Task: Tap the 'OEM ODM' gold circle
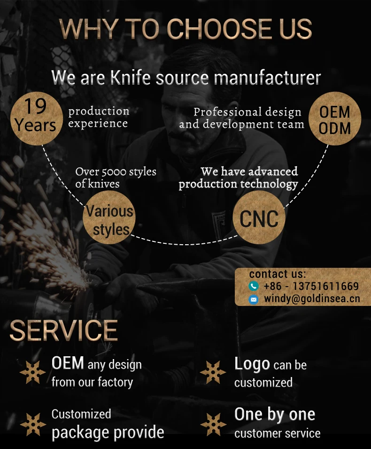point(334,119)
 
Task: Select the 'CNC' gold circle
point(259,218)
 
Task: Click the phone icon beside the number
point(254,286)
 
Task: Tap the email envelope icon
point(254,299)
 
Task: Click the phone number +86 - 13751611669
point(311,286)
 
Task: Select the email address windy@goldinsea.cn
point(312,298)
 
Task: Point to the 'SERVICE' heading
point(63,330)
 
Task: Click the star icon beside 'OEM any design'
point(32,372)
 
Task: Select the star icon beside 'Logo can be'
point(213,372)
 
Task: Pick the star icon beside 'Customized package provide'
point(32,424)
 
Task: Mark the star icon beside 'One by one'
point(213,424)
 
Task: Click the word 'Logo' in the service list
point(252,364)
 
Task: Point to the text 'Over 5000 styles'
point(116,172)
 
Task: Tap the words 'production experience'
point(99,117)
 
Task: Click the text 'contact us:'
point(277,274)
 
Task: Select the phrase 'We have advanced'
point(249,171)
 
